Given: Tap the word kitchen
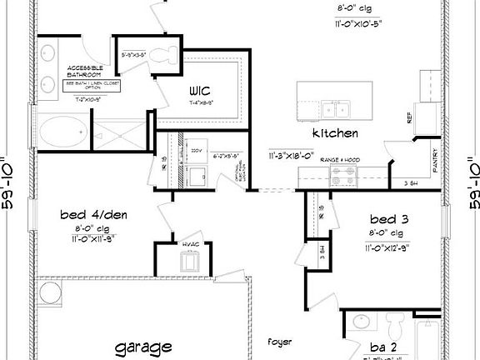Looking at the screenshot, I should click(335, 133).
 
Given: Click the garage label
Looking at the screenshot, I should click(143, 346).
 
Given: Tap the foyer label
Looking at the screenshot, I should click(279, 342).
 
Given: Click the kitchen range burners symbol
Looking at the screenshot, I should click(342, 175).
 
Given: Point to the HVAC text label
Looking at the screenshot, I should click(192, 243).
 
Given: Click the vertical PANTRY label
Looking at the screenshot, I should click(435, 163).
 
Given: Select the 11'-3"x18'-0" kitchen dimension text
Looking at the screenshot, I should click(289, 155).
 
